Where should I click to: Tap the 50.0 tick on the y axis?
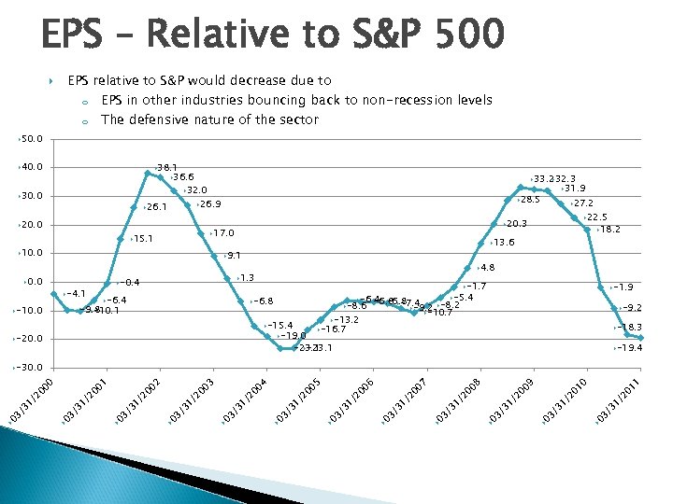point(32,139)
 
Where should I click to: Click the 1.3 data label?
point(248,277)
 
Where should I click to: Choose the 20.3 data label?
point(517,224)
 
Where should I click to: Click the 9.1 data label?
point(234,255)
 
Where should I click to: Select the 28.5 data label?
point(530,200)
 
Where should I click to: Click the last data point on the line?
point(641,338)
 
